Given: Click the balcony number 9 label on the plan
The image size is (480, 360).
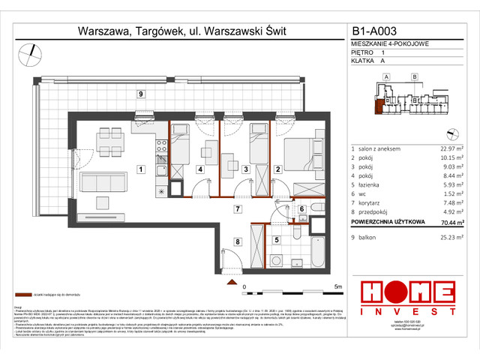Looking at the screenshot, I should pos(140,94).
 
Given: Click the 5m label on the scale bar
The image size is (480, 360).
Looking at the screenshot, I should pos(340,286).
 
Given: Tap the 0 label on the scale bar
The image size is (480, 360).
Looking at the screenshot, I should pos(244,286).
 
